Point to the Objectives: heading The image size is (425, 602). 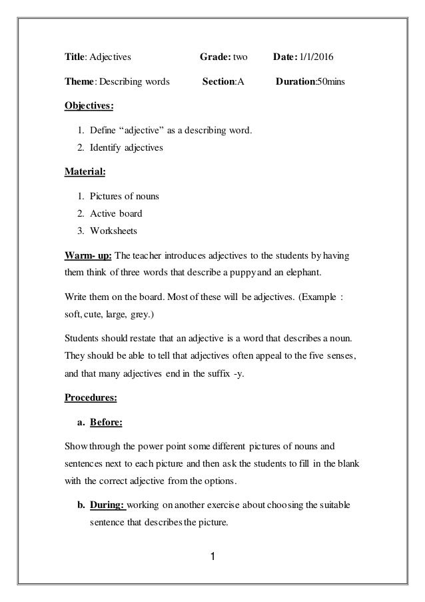pyautogui.click(x=89, y=105)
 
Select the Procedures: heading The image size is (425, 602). pyautogui.click(x=91, y=399)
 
